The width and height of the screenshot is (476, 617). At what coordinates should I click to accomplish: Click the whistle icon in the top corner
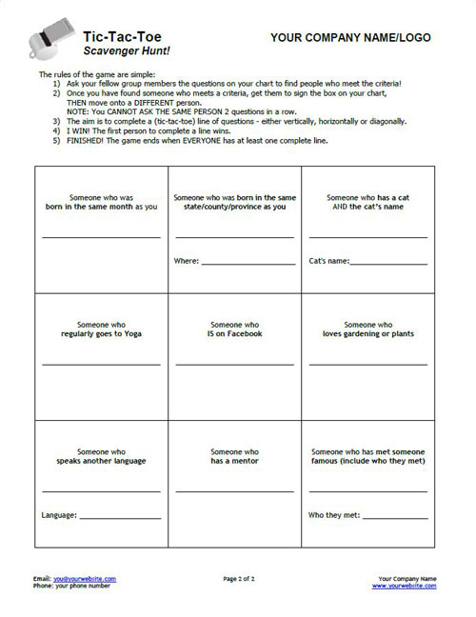48,41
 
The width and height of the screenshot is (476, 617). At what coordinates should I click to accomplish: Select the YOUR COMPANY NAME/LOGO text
350,38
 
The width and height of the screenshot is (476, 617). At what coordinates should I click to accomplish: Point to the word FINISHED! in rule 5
87,139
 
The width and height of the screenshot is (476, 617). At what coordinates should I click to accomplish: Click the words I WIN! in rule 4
79,130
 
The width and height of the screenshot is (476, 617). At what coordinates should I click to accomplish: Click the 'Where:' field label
187,260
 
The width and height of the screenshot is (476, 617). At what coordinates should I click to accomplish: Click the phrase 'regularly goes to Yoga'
101,334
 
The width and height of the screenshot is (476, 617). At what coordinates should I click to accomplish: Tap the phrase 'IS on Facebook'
234,334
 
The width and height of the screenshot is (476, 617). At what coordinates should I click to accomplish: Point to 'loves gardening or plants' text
367,334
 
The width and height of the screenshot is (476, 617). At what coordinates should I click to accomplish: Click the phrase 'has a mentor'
234,461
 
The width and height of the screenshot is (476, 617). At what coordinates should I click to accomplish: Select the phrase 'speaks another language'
101,461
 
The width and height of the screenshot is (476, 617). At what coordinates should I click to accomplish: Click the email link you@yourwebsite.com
86,578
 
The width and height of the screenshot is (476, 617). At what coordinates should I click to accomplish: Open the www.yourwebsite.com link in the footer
405,586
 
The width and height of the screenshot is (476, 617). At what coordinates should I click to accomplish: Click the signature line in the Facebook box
234,364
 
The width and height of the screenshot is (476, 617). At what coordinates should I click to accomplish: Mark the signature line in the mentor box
234,490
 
